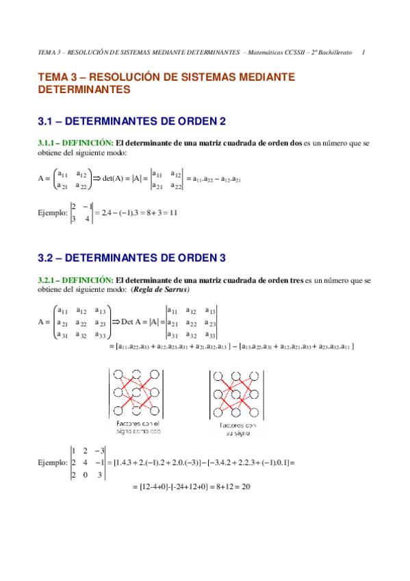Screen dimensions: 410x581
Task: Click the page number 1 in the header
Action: coord(363,52)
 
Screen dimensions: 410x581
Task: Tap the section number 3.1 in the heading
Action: coord(47,121)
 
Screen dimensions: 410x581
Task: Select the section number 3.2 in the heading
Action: coord(47,258)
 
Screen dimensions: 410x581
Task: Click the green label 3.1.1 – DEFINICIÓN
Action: coord(75,143)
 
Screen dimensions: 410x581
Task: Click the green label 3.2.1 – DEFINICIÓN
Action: coord(75,280)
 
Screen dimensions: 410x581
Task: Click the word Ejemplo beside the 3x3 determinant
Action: coord(53,462)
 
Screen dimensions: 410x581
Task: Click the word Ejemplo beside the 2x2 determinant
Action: coord(53,212)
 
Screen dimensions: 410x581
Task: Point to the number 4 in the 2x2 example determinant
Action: coord(87,219)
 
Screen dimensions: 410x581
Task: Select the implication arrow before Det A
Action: coord(116,321)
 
